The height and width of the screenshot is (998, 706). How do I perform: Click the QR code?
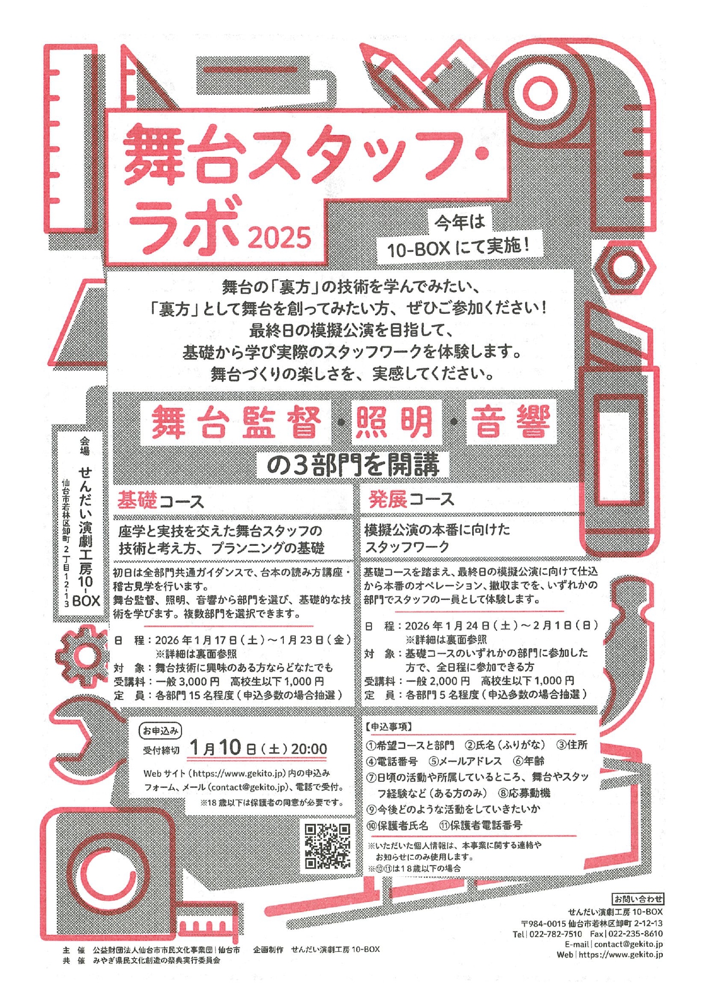[327, 846]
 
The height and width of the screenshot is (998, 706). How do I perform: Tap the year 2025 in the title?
[279, 238]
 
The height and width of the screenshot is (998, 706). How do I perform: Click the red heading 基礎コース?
[160, 501]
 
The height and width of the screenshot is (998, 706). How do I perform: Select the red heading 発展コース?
[411, 499]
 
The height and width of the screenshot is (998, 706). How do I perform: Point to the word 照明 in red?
[394, 422]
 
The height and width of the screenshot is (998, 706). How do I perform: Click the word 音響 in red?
[510, 422]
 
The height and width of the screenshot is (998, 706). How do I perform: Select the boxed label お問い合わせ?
[638, 899]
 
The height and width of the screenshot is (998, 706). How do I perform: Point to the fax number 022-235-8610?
[636, 934]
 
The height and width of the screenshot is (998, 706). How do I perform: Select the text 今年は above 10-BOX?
[460, 222]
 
